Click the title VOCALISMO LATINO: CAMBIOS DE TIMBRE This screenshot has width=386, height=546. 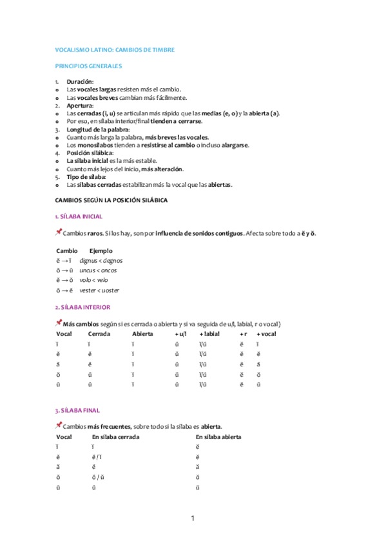pos(115,50)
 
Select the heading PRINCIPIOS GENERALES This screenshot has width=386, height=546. pos(88,66)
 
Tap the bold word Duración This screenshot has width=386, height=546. pos(80,82)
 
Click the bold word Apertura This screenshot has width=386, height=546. pos(80,106)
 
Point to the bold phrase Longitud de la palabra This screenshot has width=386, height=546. pos(98,129)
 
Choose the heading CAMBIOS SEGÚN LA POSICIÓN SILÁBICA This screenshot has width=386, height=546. pos(111,200)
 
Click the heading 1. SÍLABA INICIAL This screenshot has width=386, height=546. pos(79,216)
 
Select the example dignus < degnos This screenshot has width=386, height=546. pos(101,261)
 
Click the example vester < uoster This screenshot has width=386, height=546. pos(101,290)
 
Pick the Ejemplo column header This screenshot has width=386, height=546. pos(101,250)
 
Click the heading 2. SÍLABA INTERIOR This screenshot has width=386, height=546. pos(82,307)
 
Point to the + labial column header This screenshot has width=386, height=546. pos(210,334)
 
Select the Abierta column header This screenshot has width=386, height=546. pos(142,334)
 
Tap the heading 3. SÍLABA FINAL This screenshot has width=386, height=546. pos(78,410)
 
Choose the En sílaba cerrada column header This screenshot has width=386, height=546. pos(116,437)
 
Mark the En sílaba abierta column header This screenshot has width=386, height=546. pos(218,437)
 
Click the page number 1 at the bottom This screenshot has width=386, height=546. pos(192,518)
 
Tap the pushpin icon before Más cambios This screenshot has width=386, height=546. pos(59,323)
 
